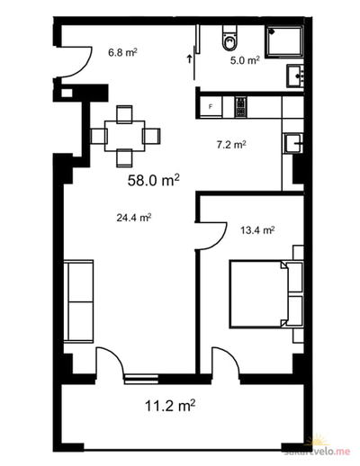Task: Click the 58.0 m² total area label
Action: (154, 180)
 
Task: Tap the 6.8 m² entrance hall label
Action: (122, 53)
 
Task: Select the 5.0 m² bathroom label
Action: (245, 60)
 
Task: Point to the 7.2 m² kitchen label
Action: (231, 145)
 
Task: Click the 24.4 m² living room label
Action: (133, 218)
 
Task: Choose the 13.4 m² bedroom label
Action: (257, 230)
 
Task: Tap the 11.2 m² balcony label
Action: (170, 406)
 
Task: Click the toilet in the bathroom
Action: (230, 37)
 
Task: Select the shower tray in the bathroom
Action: (284, 41)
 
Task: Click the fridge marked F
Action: (211, 106)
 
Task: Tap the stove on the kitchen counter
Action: (241, 107)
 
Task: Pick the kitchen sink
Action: (294, 143)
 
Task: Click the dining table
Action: (125, 136)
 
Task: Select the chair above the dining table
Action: (124, 114)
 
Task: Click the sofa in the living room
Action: (78, 301)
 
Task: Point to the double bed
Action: (266, 294)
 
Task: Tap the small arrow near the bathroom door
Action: (189, 59)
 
